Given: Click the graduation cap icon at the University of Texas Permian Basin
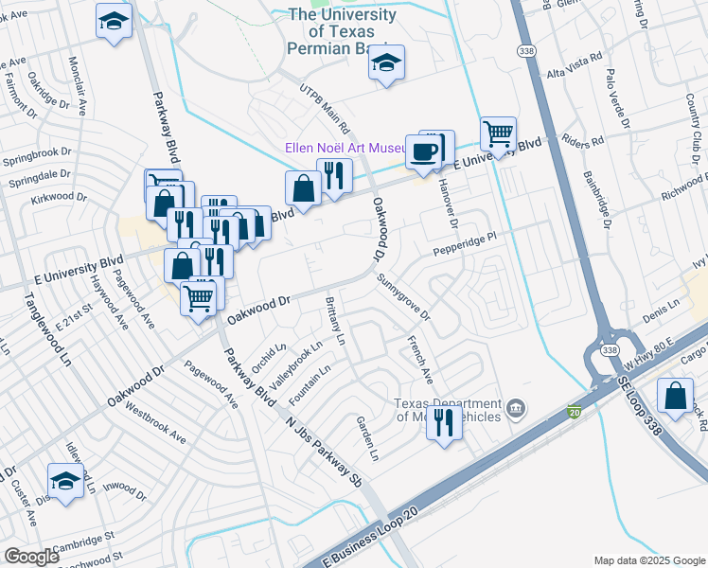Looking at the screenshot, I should click(x=386, y=63).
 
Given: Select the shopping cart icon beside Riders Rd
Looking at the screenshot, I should click(x=498, y=134).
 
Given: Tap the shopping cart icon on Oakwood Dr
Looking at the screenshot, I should click(x=199, y=298).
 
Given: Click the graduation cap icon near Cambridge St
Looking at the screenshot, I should click(x=65, y=480).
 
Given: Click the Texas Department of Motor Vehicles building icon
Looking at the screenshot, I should click(x=516, y=409).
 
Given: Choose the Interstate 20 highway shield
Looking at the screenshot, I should click(x=575, y=412).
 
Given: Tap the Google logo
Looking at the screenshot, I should click(x=31, y=556).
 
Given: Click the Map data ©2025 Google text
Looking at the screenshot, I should click(x=648, y=560).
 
